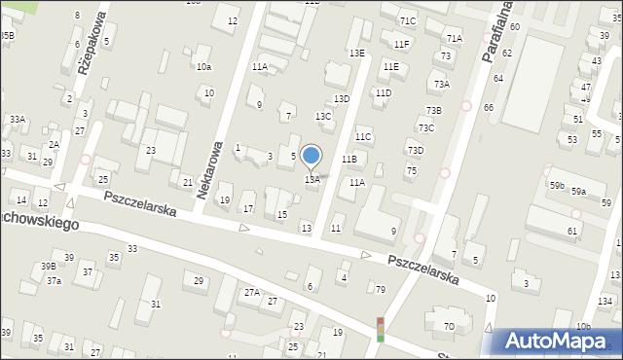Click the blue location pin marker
coord(311,157)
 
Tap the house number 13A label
coord(312,180)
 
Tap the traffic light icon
coord(380,329)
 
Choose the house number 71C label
coord(407,21)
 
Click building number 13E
coord(357,53)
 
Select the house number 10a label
coord(203,67)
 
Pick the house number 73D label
coord(416,150)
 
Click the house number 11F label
coord(401,45)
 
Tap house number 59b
coord(557,185)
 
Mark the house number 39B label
coord(48,267)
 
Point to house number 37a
coord(55,281)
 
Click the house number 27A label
coord(252,293)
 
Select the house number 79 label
coord(381,289)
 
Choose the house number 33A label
coord(18,119)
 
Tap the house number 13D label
coord(342,99)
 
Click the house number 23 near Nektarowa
coord(151,150)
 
